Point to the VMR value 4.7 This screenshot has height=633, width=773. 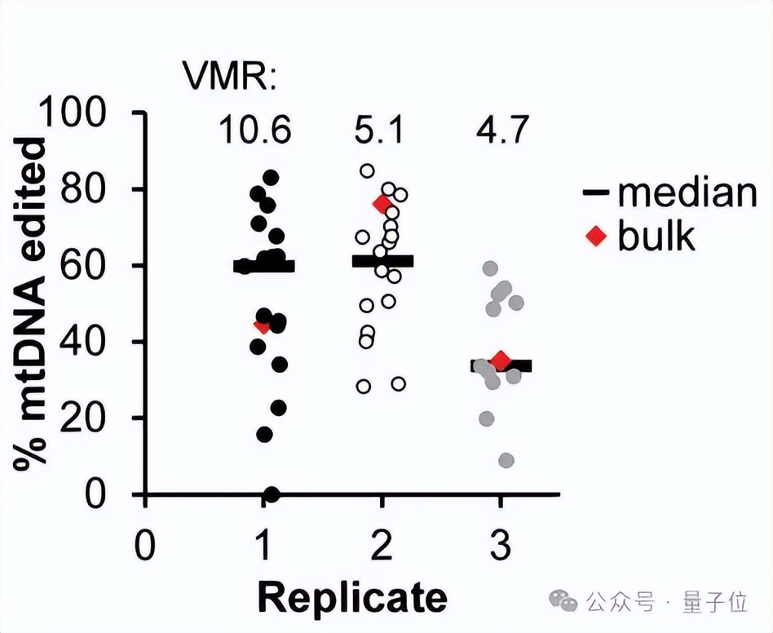500,131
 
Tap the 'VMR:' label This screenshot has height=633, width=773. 229,78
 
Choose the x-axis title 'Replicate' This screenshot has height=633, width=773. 352,597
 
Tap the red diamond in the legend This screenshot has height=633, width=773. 598,237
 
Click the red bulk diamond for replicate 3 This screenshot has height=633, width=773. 501,361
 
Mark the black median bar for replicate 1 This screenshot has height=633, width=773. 263,266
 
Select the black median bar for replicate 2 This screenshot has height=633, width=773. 383,261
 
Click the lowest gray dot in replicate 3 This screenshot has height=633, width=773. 506,461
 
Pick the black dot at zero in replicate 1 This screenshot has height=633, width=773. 272,494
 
